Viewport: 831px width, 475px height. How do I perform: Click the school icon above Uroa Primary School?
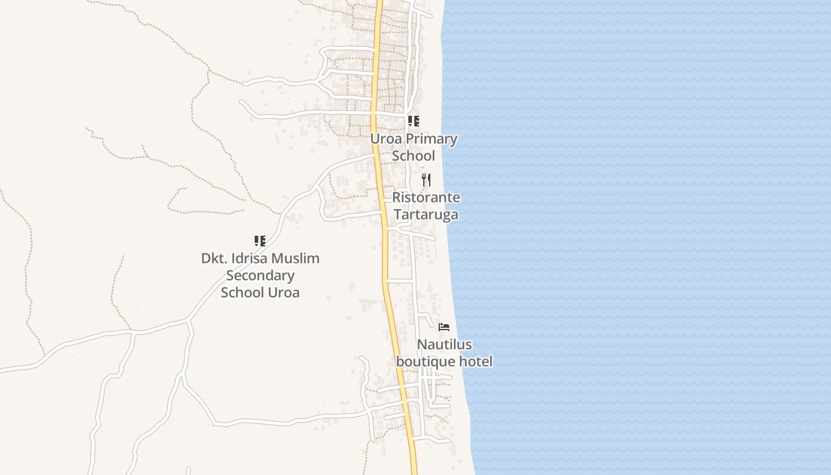coord(414,121)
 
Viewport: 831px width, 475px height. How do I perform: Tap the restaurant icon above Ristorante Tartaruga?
coord(426,179)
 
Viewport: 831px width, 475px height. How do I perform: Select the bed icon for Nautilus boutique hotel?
coord(443,327)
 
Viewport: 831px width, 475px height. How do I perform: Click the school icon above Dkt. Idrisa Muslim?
coord(259,240)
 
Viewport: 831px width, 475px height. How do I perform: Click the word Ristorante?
coord(426,197)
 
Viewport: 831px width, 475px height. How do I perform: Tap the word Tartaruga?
coord(426,214)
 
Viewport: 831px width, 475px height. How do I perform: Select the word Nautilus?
coord(444,344)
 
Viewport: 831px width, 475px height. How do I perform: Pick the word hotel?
coord(474,361)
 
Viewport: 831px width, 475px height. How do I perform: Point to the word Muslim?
coord(299,258)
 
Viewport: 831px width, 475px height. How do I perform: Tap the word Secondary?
coord(260,275)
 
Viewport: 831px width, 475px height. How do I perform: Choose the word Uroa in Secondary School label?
coord(283,292)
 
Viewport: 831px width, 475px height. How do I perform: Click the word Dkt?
coord(214,258)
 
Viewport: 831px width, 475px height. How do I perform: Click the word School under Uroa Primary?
coord(413,156)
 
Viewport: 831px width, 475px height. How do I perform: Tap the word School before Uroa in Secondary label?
coord(242,292)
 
